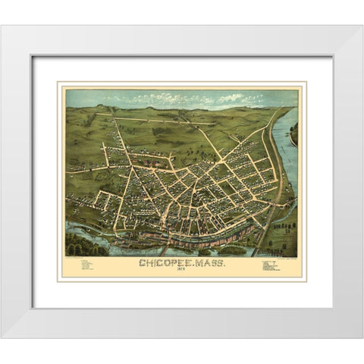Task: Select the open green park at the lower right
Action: pyautogui.click(x=284, y=235)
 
